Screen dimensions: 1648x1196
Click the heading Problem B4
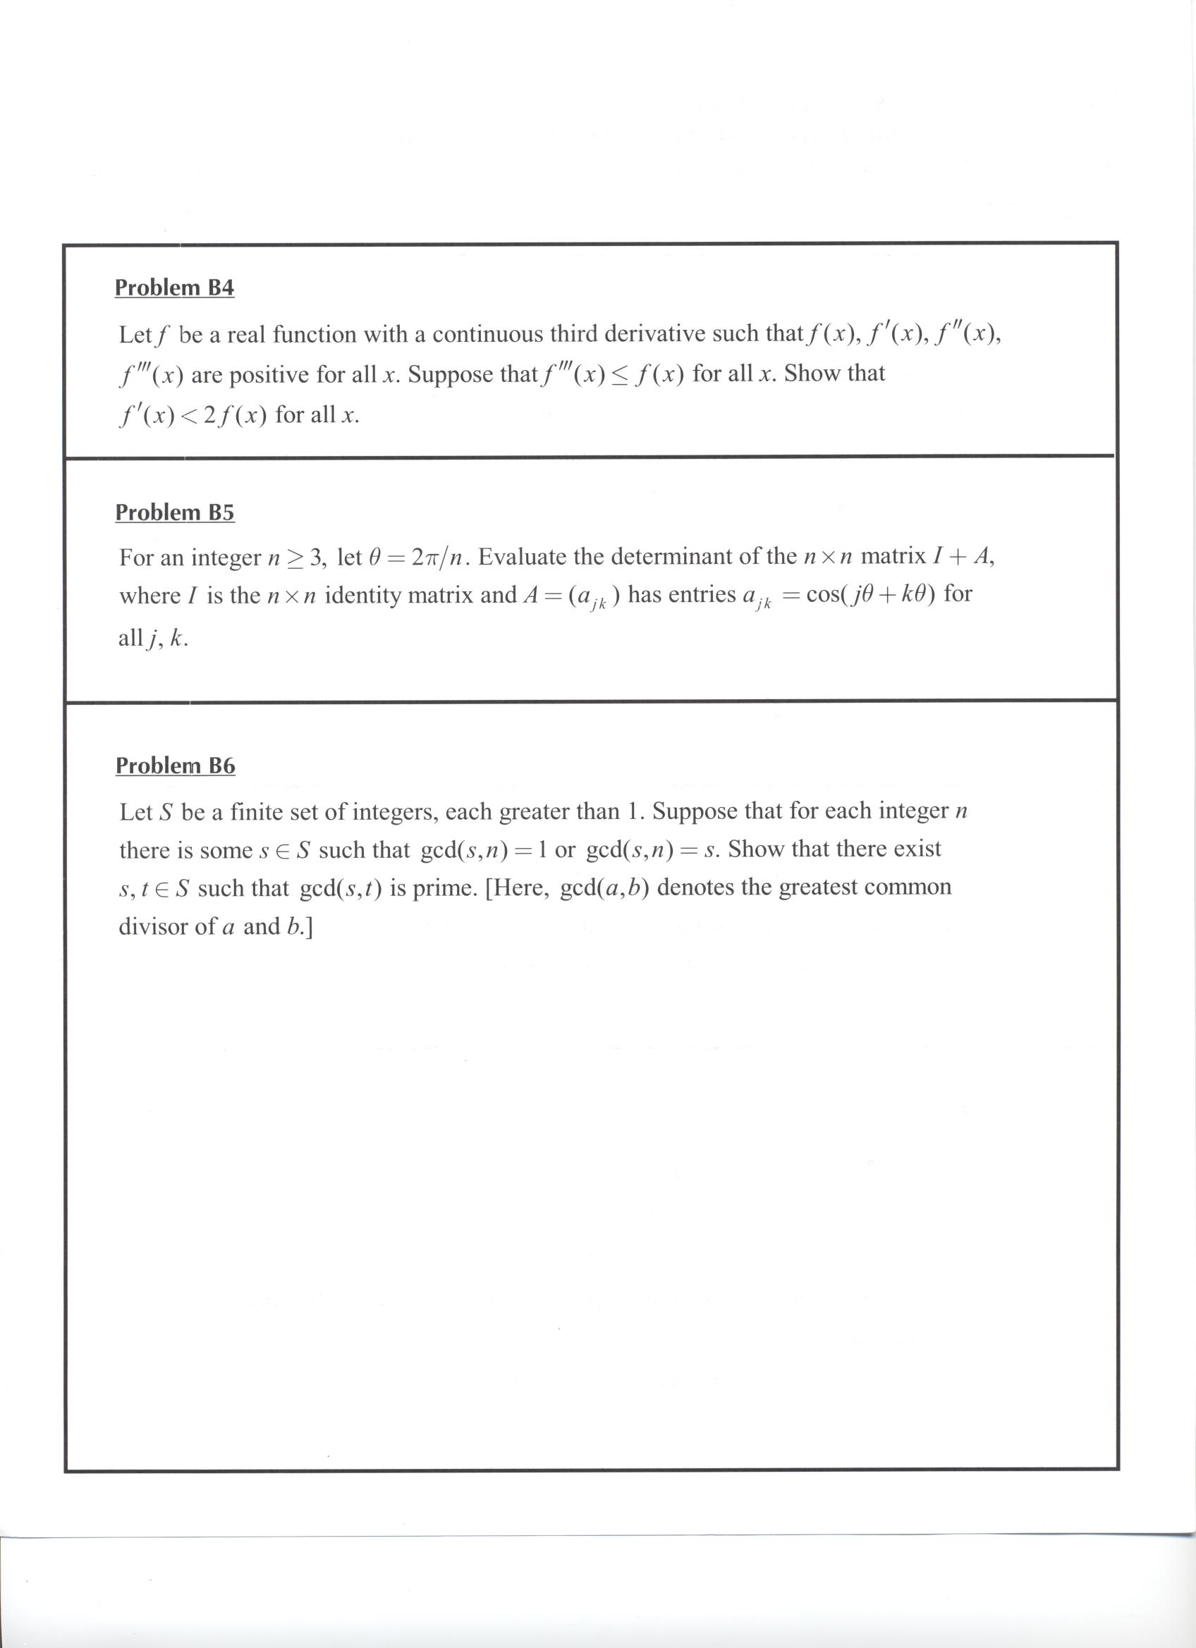(174, 288)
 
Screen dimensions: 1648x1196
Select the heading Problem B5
(174, 512)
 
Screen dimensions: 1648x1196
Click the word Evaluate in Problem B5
(523, 557)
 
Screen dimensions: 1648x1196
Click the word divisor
(154, 926)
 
